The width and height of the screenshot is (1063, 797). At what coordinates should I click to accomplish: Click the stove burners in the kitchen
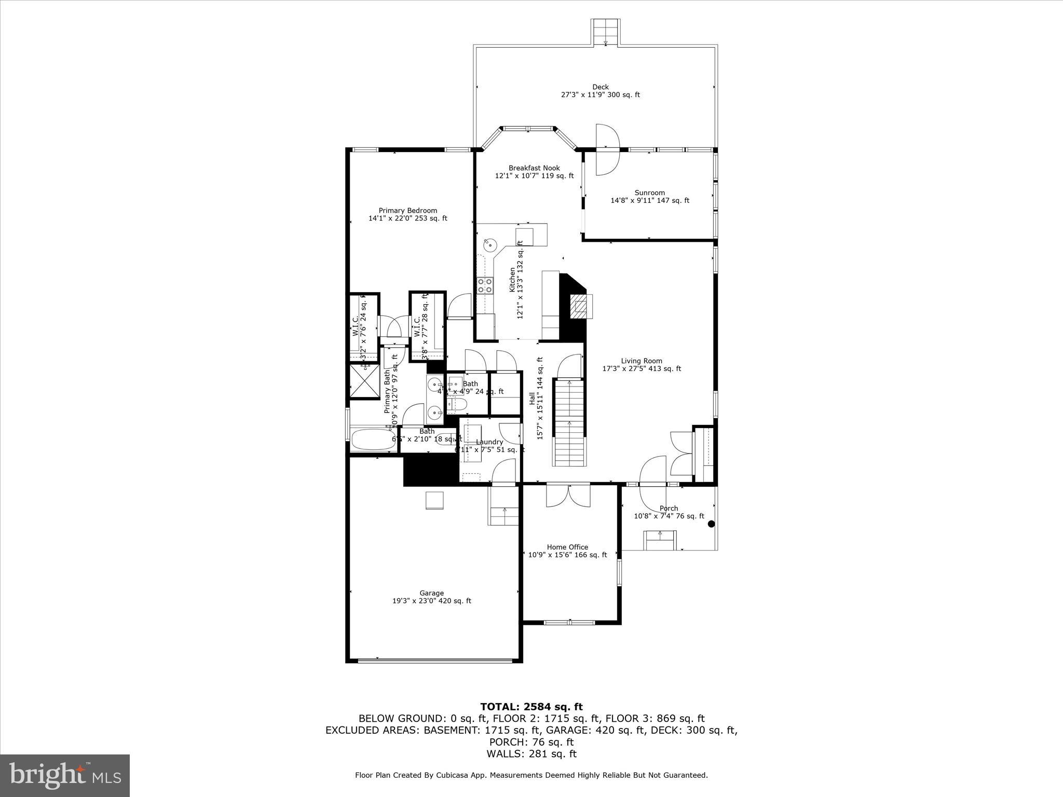click(485, 285)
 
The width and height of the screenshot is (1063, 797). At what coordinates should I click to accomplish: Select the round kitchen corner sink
click(490, 244)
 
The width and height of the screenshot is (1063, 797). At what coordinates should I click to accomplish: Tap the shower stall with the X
click(364, 381)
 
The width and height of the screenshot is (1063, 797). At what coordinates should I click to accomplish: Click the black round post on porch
click(711, 524)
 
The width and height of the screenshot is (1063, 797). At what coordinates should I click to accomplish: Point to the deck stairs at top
click(605, 32)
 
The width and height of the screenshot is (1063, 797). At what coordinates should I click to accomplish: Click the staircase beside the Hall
click(569, 423)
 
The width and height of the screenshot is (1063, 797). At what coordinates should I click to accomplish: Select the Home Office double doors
click(568, 495)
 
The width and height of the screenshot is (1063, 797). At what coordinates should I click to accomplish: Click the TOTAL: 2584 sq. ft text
click(531, 707)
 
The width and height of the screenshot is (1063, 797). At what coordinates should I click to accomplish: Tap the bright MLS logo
click(65, 776)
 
